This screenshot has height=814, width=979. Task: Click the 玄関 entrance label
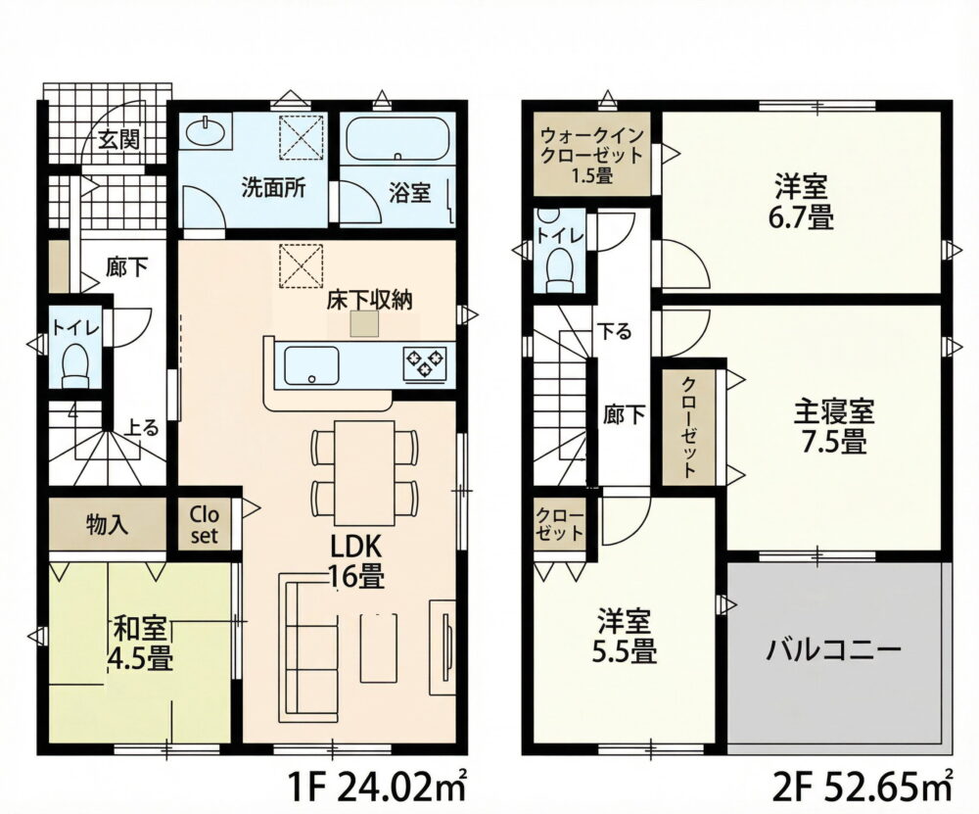[x=118, y=140]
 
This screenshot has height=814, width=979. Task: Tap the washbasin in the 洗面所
[x=206, y=131]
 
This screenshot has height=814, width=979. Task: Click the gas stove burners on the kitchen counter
[x=426, y=363]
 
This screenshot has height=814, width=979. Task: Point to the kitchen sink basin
[x=311, y=365]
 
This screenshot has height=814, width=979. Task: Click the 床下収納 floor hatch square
[x=364, y=324]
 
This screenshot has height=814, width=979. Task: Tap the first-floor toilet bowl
[x=76, y=364]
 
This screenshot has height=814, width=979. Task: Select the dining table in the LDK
[x=364, y=466]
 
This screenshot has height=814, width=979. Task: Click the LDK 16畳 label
[x=356, y=561]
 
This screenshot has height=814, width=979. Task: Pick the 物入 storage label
[x=108, y=525]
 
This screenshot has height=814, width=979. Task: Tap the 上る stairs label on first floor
[x=142, y=428]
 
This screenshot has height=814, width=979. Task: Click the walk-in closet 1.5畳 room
[x=592, y=155]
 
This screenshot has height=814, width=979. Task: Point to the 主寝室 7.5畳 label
[x=834, y=427]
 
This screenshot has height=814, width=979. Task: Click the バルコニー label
[x=833, y=651]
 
